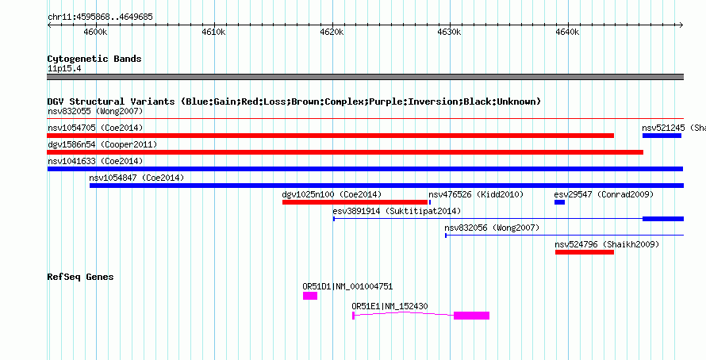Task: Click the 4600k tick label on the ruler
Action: pos(95,33)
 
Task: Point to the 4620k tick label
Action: pos(332,33)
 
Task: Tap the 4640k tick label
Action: pos(568,33)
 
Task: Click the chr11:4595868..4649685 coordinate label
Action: pos(101,17)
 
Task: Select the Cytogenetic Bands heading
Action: pos(94,59)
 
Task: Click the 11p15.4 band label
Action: pos(64,69)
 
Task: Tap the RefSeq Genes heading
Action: pos(81,277)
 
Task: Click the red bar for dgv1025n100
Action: pos(355,202)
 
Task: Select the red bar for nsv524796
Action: pos(585,252)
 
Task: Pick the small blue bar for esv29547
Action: pos(560,202)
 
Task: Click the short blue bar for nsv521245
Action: pos(662,136)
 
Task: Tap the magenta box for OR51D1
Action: pos(310,296)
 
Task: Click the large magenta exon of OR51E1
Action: pos(471,316)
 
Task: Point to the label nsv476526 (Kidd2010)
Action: pos(476,194)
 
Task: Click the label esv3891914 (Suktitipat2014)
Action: pos(397,211)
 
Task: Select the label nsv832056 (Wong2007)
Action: pos(492,228)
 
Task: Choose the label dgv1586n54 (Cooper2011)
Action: pos(102,144)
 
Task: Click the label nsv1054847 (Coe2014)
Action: pos(136,178)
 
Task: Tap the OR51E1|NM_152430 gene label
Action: pos(390,306)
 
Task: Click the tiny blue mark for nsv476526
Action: pos(430,202)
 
